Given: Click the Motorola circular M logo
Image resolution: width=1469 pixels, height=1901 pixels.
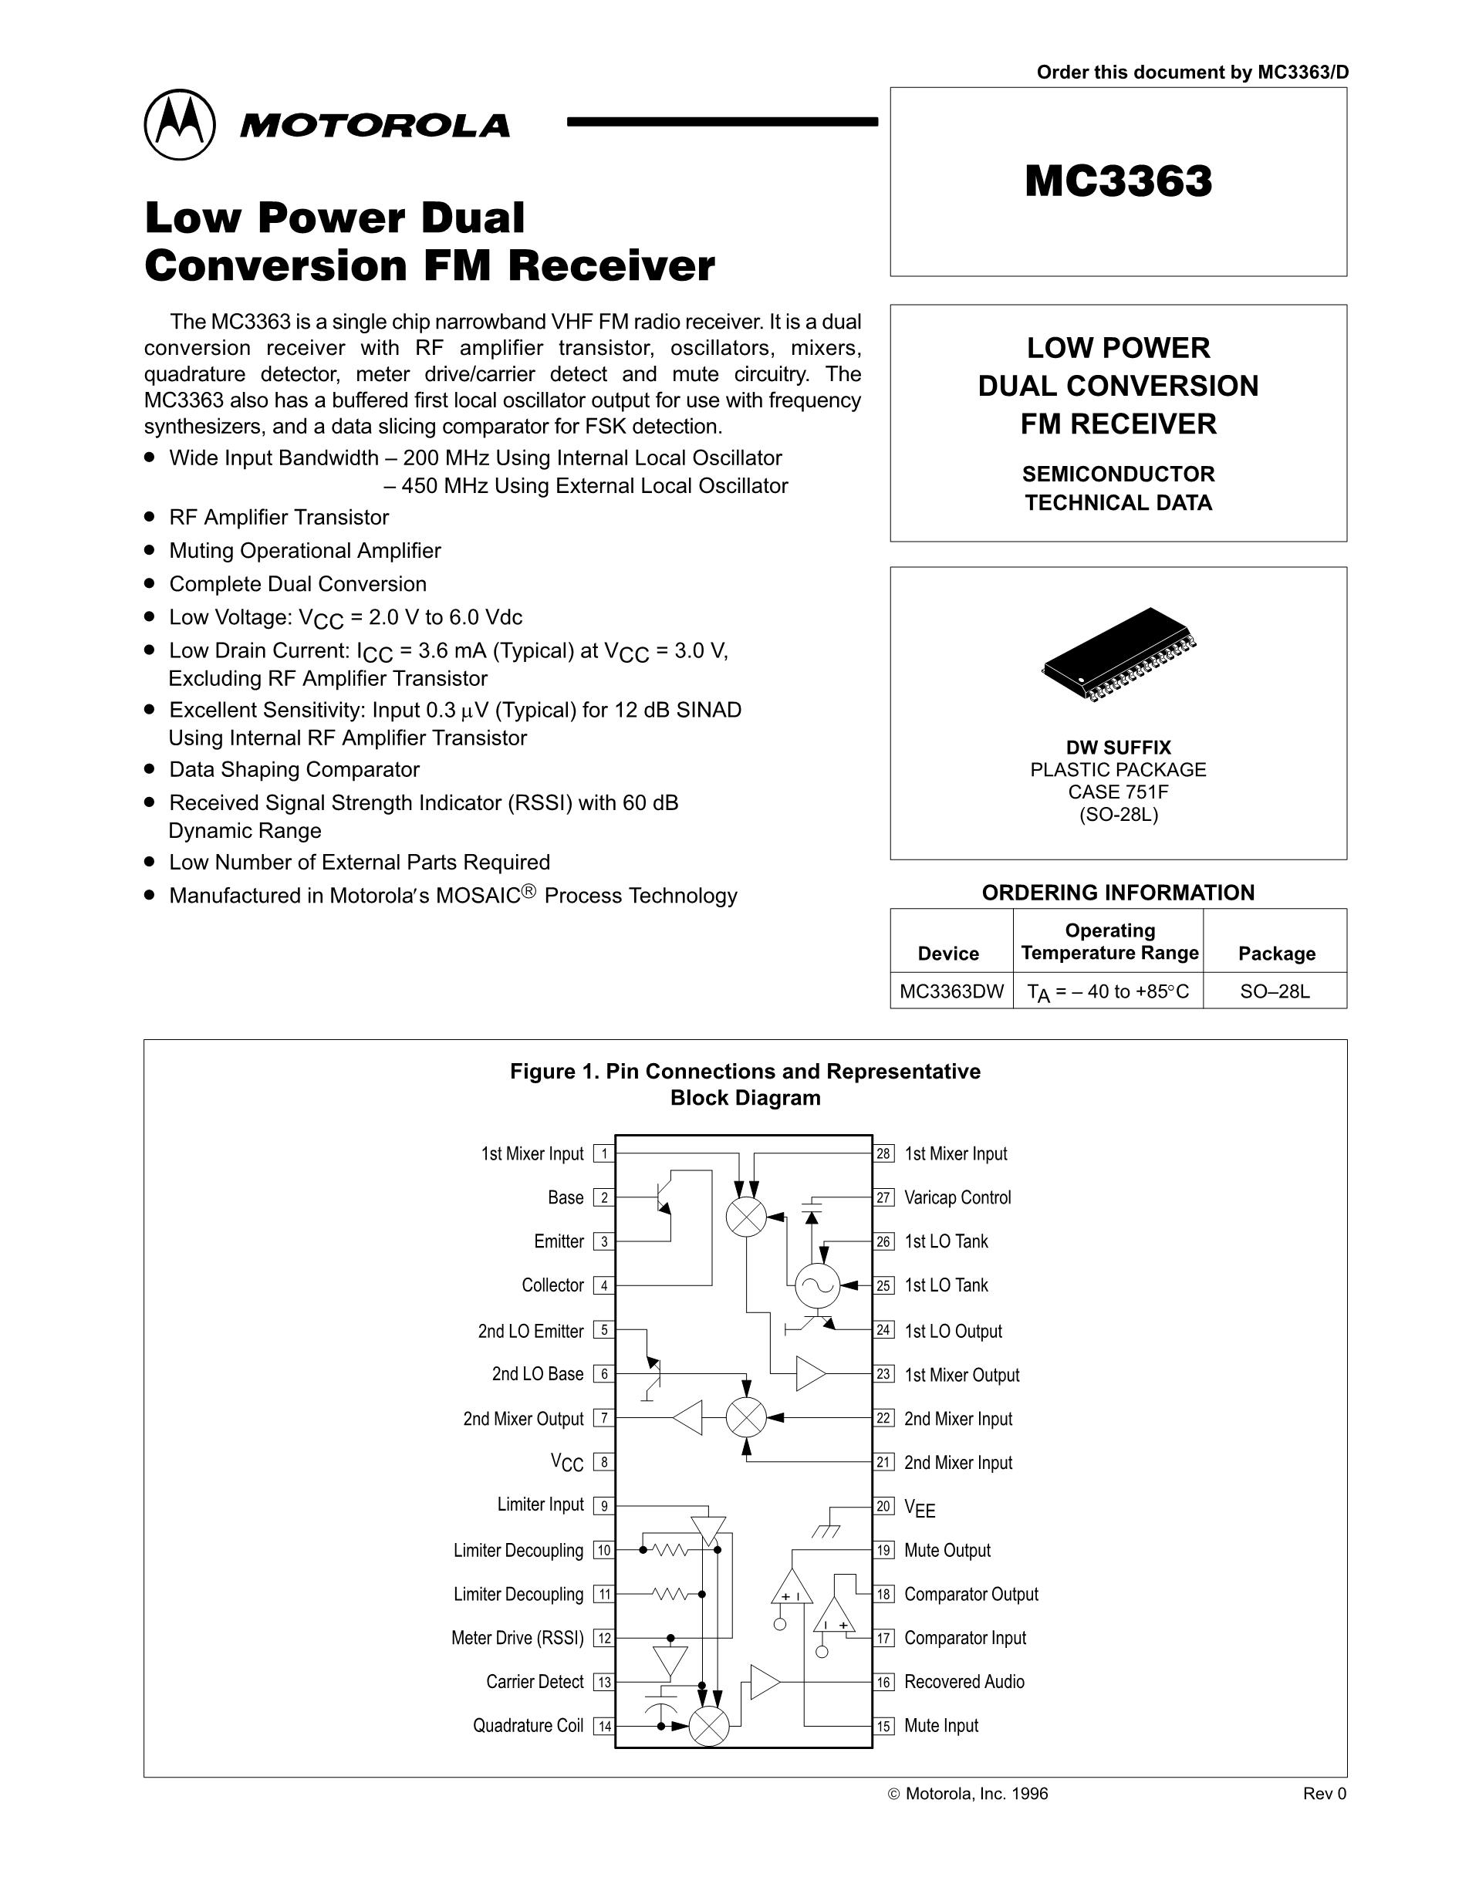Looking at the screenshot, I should pos(179,124).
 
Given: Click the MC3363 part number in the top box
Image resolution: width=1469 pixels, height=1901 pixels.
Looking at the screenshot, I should pos(1117,181).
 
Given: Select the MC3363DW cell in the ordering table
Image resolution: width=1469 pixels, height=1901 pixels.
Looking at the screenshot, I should pos(951,991).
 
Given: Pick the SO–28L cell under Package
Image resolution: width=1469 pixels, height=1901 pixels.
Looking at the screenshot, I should pos(1275,991).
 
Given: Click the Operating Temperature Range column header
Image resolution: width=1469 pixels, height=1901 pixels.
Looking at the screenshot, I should pos(1109,942).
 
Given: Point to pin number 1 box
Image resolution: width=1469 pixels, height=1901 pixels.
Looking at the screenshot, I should pos(604,1154).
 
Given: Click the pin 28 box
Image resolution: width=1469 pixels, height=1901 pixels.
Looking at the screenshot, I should pos(884,1154).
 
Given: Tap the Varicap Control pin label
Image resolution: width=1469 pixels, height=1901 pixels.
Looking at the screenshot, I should pos(957,1197).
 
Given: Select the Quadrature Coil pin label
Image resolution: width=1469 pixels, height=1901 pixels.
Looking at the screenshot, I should pos(529,1726).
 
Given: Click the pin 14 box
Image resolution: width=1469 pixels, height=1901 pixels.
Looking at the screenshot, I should pos(604,1726).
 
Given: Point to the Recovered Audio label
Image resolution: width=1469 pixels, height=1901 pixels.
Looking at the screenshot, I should pos(964,1682).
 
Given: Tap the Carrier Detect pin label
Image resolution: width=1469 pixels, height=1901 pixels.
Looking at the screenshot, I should pos(535,1682).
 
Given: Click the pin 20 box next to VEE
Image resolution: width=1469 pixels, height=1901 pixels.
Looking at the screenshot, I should pos(884,1507).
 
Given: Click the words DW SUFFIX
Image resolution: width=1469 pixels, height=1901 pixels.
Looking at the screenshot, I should pos(1118,748).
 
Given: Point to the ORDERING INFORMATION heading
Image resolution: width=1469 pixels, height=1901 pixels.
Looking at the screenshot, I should pos(1118,892).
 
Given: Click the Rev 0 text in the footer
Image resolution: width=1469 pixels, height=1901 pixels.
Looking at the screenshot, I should pos(1325,1794).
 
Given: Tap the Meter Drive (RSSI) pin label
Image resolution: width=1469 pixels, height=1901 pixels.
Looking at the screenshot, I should pos(518,1638).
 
